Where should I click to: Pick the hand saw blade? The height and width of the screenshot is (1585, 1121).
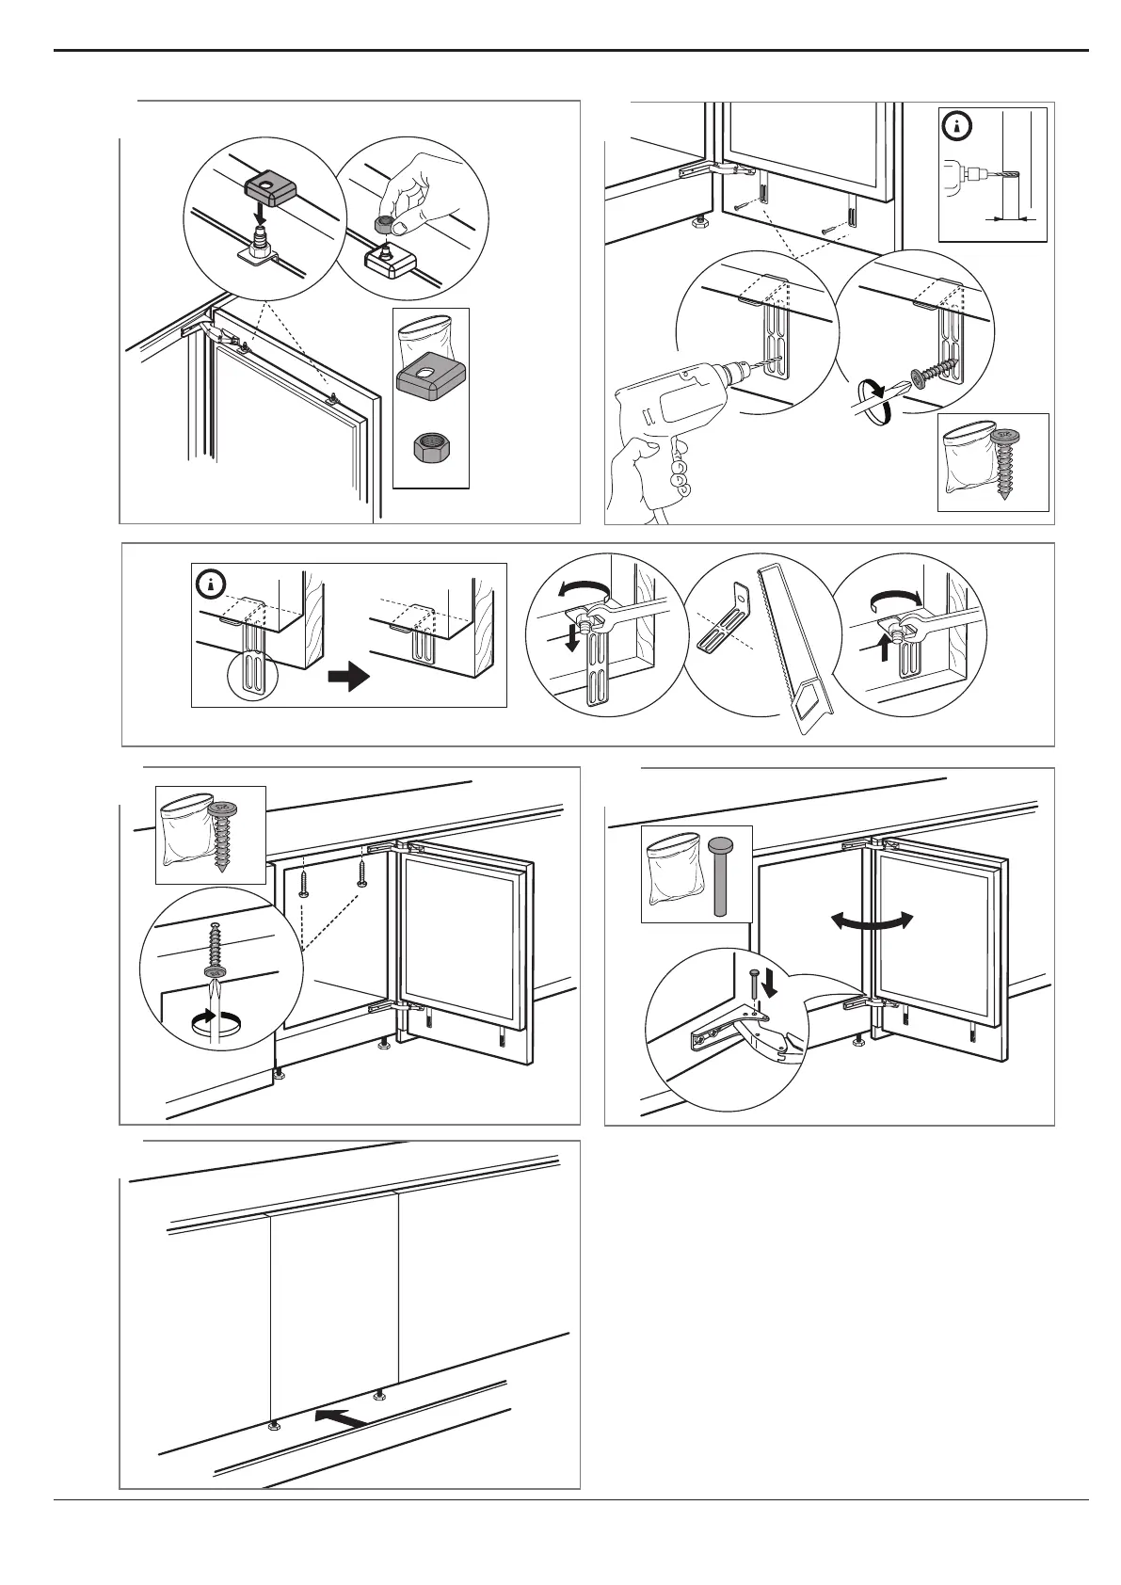[x=791, y=640]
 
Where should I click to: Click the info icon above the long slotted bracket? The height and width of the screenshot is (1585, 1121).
[x=211, y=584]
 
